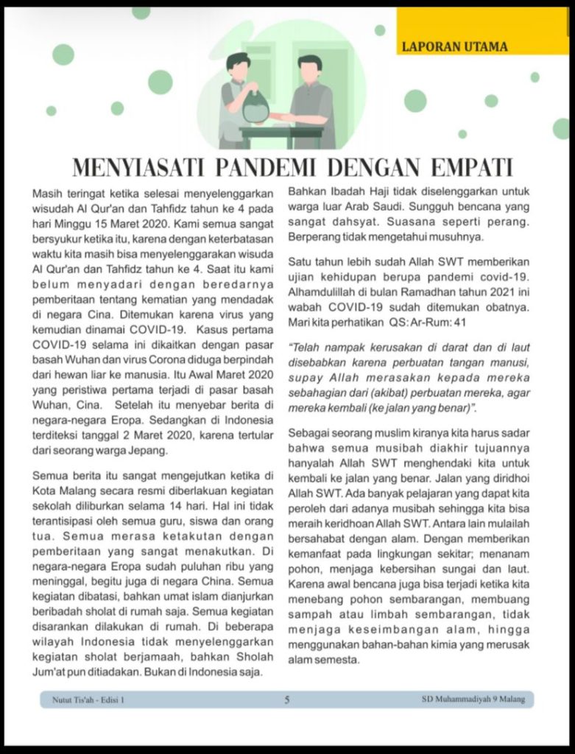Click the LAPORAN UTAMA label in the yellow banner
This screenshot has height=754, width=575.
pos(454,47)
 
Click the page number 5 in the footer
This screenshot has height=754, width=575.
pos(287,700)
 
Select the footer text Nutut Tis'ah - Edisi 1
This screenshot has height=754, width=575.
pos(88,700)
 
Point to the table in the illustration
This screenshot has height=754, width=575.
pos(281,135)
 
